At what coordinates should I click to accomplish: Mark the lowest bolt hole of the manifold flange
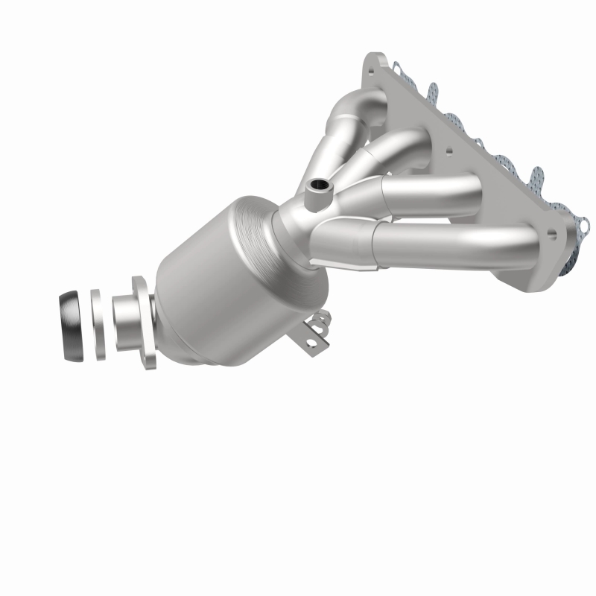coord(551,233)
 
